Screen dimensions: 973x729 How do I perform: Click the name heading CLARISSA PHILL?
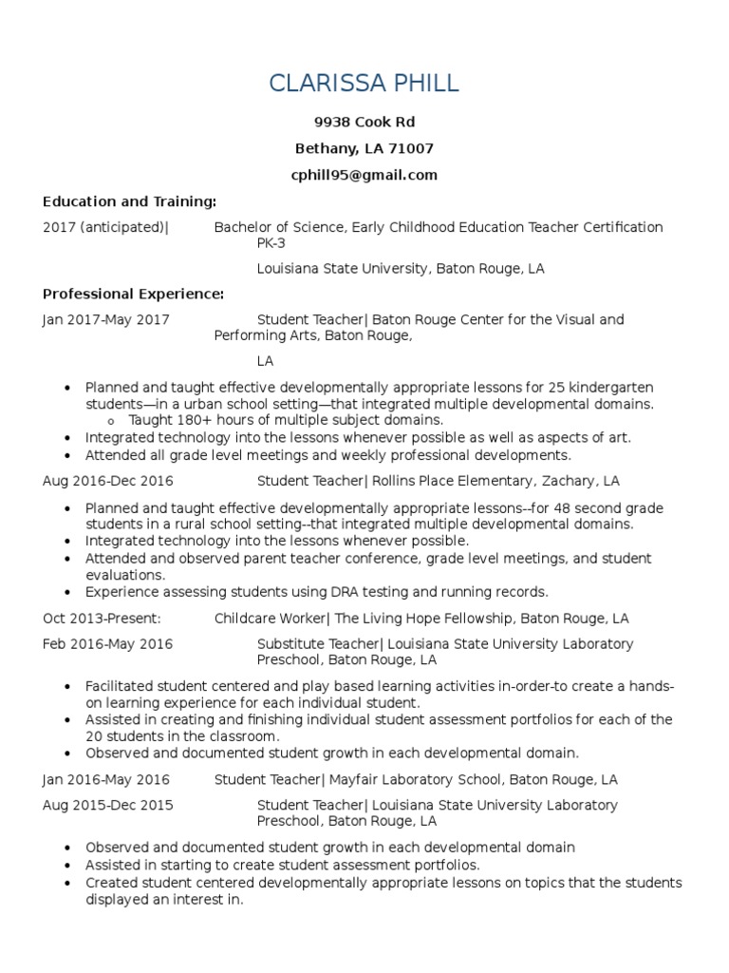point(364,83)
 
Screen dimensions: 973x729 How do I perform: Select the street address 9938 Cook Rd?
point(364,123)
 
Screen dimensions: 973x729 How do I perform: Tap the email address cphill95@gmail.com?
point(364,175)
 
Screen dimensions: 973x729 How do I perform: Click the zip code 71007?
point(413,149)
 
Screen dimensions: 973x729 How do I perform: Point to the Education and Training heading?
point(130,201)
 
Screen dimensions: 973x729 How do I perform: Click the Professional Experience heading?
point(134,294)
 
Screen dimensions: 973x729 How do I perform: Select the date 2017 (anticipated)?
point(105,227)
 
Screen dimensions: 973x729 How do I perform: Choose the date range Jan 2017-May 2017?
point(106,320)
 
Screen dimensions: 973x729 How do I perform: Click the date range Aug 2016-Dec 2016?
point(107,481)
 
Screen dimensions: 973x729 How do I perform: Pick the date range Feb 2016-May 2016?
point(107,644)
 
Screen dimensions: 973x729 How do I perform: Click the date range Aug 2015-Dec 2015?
point(106,806)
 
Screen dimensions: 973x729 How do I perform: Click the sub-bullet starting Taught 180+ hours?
point(286,419)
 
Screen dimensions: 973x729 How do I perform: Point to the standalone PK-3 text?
point(271,243)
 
